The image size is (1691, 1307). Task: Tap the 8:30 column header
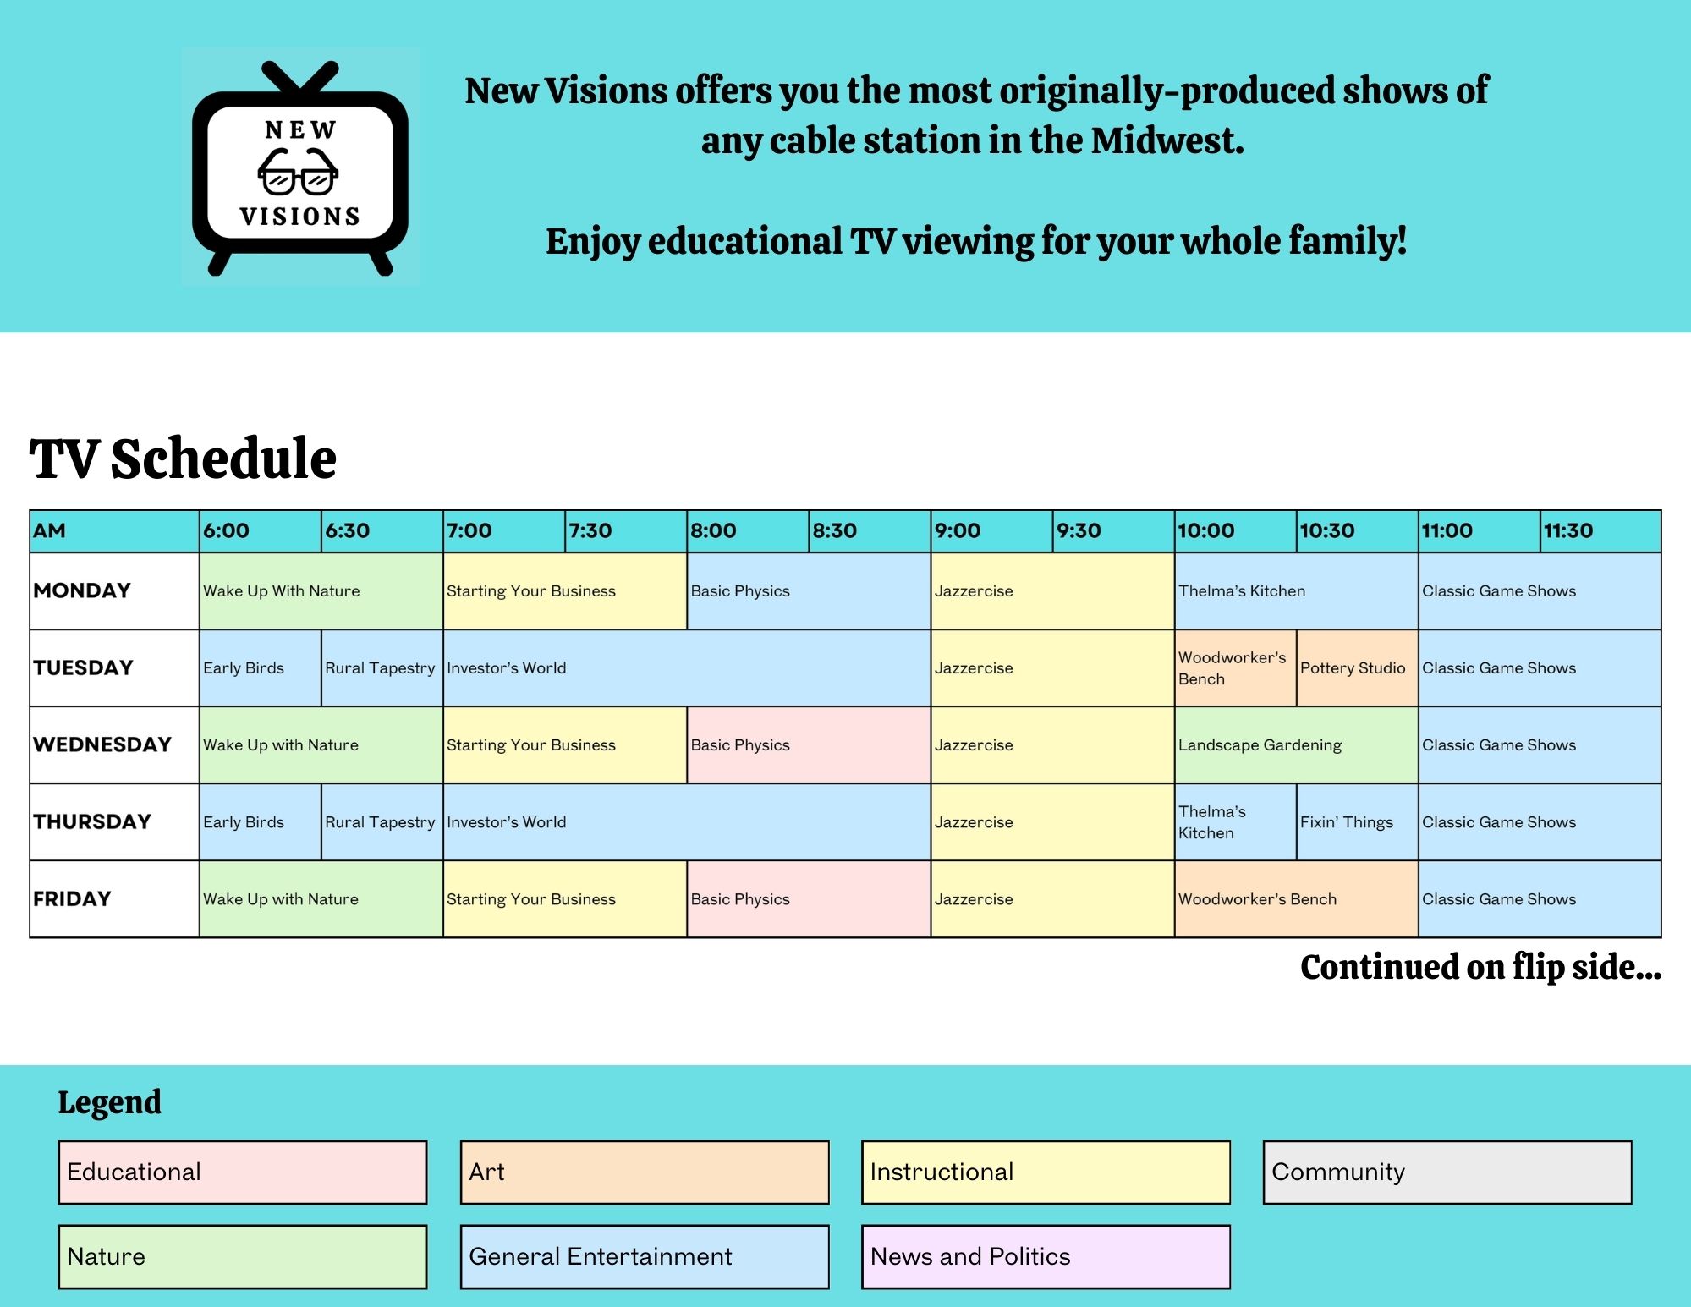tap(870, 531)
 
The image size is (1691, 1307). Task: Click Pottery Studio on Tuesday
tap(1357, 667)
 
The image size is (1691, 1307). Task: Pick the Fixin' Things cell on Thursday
tap(1357, 821)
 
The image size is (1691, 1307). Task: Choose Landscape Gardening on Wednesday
tap(1296, 744)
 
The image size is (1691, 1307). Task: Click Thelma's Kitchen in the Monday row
tap(1296, 590)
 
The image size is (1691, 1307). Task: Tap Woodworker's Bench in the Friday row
tap(1296, 898)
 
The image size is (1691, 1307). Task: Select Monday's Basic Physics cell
tap(809, 590)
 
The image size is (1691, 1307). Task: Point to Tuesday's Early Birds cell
tap(261, 667)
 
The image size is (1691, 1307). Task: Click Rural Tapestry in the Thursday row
tap(382, 821)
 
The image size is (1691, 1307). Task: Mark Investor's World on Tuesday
tap(687, 667)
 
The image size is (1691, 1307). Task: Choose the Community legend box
tap(1447, 1172)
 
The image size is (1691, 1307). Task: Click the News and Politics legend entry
tap(1046, 1257)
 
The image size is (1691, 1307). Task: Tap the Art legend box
tap(645, 1172)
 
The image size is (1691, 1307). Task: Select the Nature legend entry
tap(243, 1257)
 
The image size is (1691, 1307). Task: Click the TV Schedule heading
tap(183, 459)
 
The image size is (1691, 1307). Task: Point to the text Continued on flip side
tap(1480, 967)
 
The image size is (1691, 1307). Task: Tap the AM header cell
tap(114, 531)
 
